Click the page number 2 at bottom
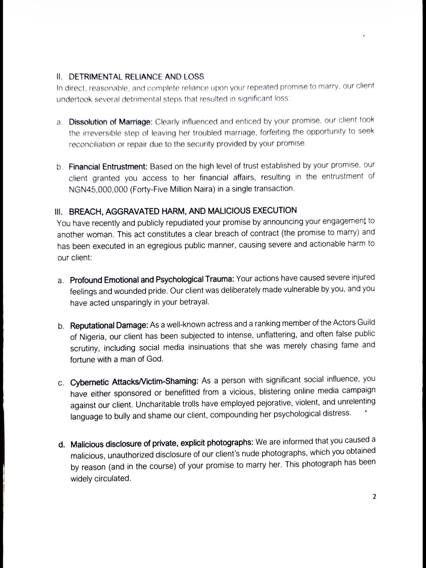coord(375,497)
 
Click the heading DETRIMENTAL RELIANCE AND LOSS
coord(136,77)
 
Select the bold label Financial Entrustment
coord(108,167)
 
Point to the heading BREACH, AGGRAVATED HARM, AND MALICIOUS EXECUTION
coord(183,211)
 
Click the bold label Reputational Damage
coord(109,325)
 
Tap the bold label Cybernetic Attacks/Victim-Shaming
coord(134,382)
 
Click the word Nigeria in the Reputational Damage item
coord(92,337)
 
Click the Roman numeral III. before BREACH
coord(60,212)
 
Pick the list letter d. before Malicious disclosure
coord(61,445)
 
